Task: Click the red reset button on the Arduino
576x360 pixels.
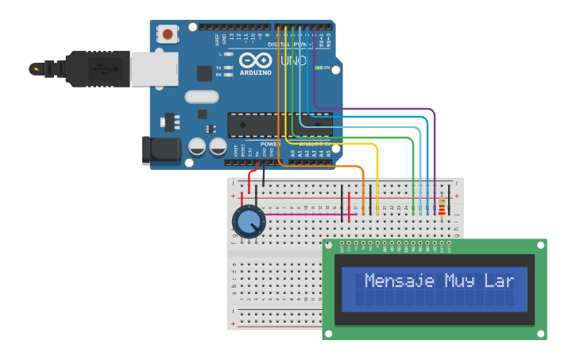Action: (168, 33)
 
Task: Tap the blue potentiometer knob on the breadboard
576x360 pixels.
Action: (249, 222)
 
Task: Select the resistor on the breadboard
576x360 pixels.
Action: (442, 207)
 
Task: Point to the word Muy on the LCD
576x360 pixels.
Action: (460, 281)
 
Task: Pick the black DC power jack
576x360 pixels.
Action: (157, 151)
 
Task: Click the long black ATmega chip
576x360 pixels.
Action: (278, 124)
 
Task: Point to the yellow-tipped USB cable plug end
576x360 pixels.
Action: (36, 68)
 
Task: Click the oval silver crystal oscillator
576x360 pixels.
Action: (201, 97)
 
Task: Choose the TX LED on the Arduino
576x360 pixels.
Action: (229, 68)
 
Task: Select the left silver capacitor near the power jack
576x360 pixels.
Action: (197, 146)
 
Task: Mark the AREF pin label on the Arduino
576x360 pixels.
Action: (216, 38)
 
